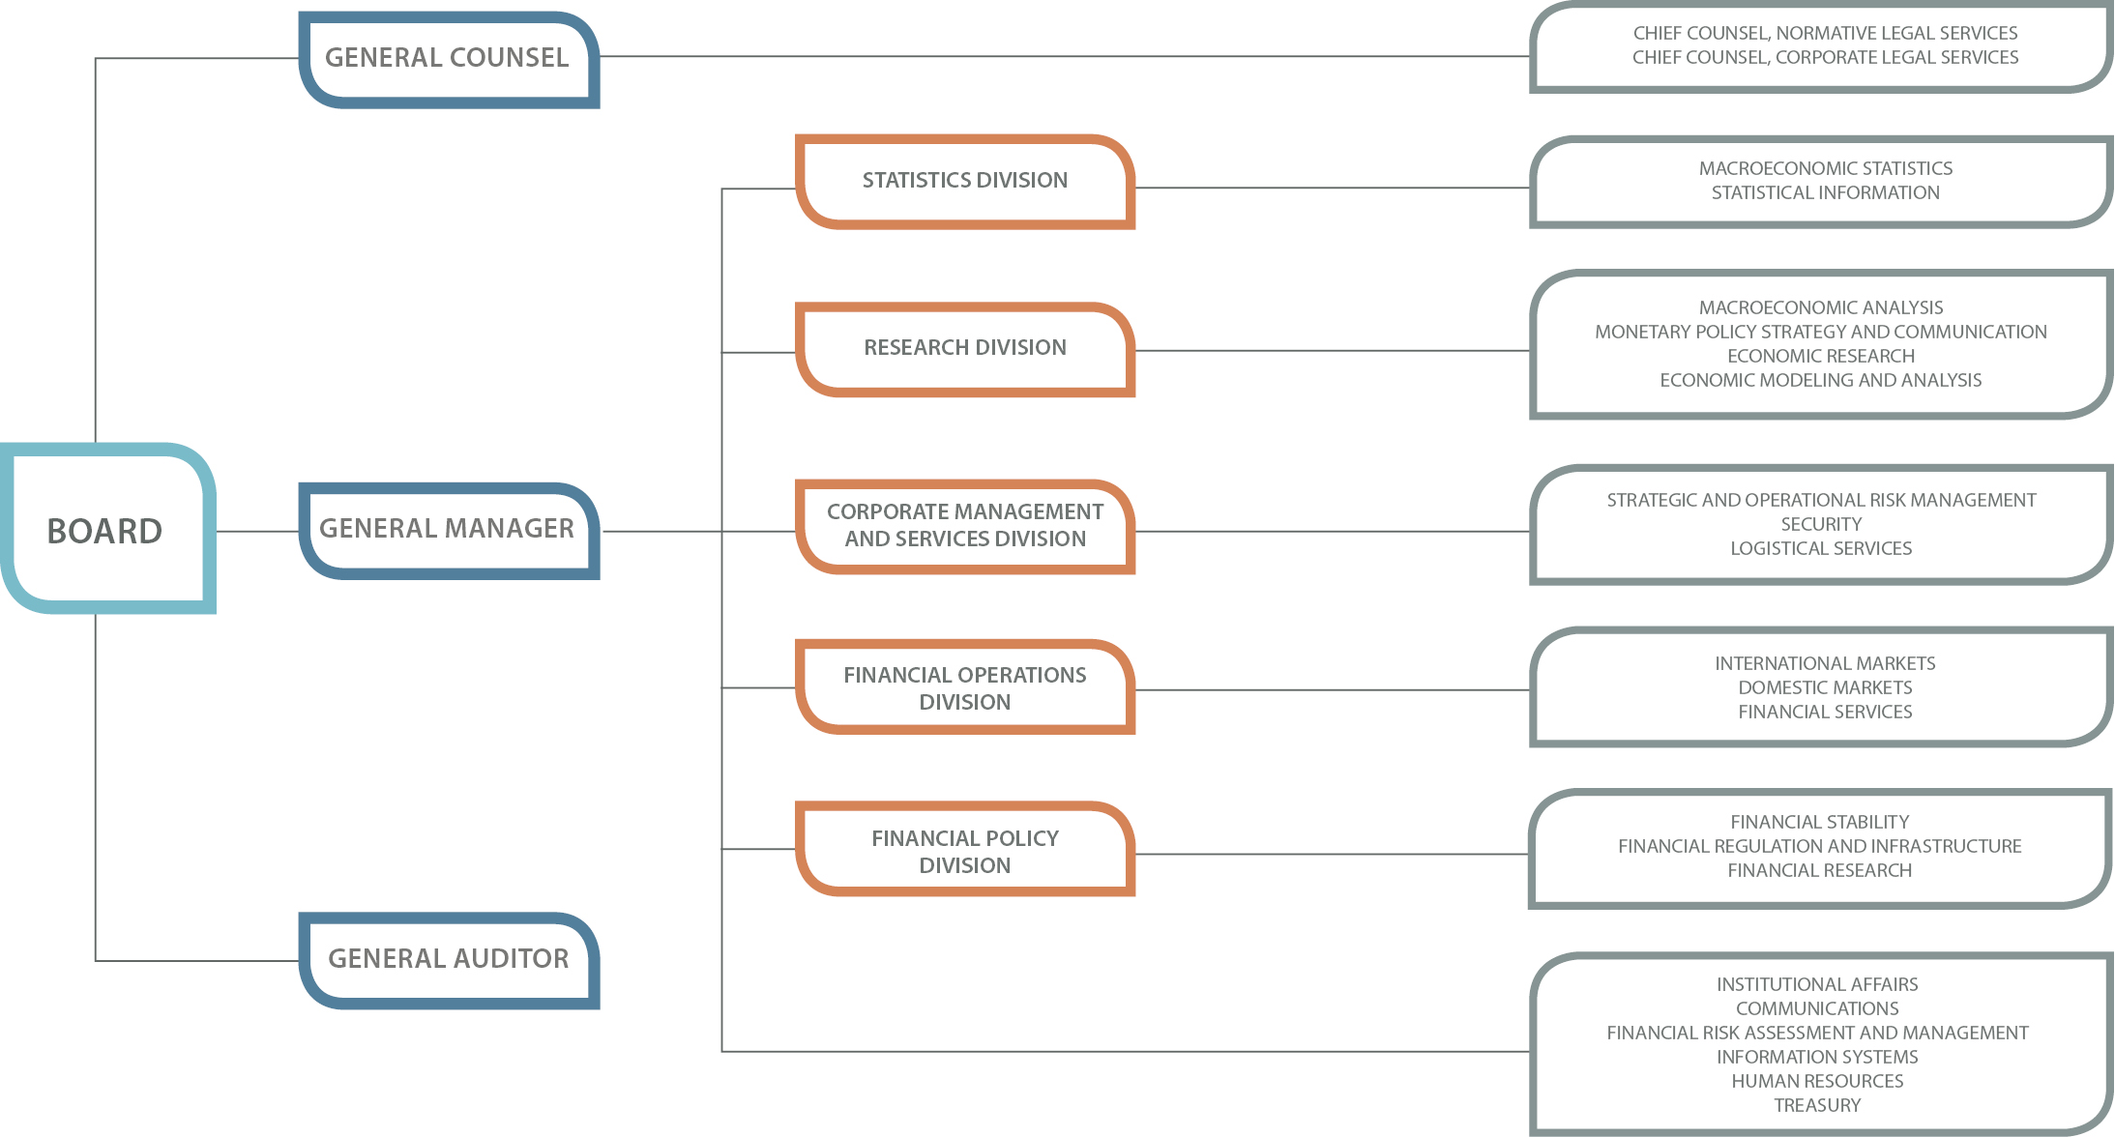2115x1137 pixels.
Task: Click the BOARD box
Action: pyautogui.click(x=106, y=530)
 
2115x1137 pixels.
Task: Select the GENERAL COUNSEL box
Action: pyautogui.click(x=448, y=58)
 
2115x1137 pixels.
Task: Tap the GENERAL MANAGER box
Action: pyautogui.click(x=448, y=529)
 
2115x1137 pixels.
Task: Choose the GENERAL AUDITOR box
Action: pyautogui.click(x=448, y=959)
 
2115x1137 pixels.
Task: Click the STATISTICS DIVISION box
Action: pyautogui.click(x=964, y=181)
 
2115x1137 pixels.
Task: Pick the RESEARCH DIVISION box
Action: pyautogui.click(x=964, y=348)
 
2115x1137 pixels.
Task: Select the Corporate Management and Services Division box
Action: pyautogui.click(x=964, y=525)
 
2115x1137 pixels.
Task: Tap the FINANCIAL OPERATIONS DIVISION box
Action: pyautogui.click(x=964, y=687)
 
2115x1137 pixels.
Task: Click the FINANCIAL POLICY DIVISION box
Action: pyautogui.click(x=964, y=851)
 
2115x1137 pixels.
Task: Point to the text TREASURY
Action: pyautogui.click(x=1817, y=1105)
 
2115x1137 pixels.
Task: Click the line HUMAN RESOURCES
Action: pyautogui.click(x=1817, y=1081)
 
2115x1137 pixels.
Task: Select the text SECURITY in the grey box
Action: pyautogui.click(x=1821, y=524)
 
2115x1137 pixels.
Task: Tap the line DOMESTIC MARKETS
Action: pyautogui.click(x=1825, y=687)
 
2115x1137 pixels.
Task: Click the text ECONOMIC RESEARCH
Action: pyautogui.click(x=1821, y=356)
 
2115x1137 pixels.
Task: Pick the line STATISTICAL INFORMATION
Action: pyautogui.click(x=1825, y=192)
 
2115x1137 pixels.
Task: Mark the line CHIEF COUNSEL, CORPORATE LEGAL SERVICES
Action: pyautogui.click(x=1825, y=57)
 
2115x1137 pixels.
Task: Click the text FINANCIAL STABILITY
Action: pyautogui.click(x=1819, y=822)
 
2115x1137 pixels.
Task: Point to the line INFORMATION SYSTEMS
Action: pyautogui.click(x=1817, y=1057)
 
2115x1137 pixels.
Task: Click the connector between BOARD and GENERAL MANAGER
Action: pyautogui.click(x=257, y=531)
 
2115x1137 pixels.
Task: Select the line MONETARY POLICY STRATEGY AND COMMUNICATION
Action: pyautogui.click(x=1821, y=332)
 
